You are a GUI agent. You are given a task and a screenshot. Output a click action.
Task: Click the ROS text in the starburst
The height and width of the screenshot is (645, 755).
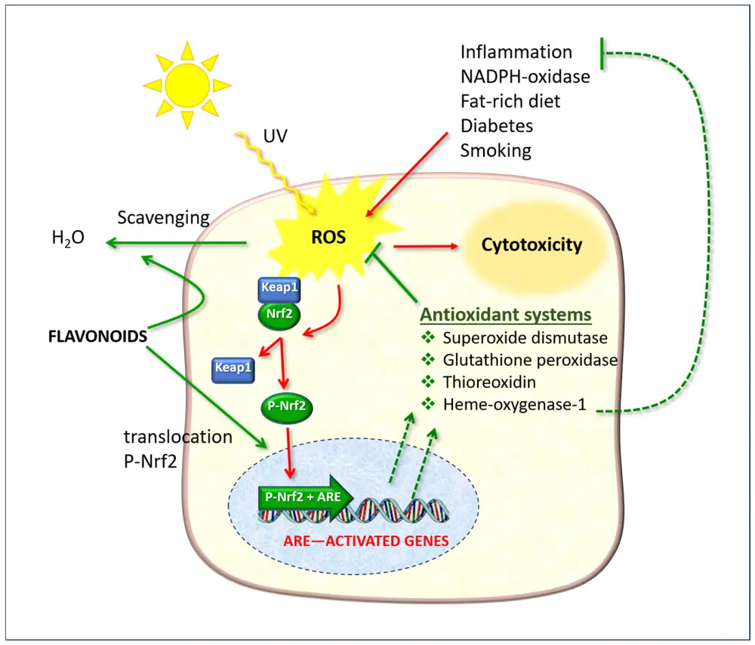pos(328,237)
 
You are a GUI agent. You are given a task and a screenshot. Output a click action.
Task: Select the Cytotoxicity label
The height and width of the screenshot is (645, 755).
pos(532,245)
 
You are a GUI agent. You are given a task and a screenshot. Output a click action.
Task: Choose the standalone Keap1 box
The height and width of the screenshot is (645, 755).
pos(233,369)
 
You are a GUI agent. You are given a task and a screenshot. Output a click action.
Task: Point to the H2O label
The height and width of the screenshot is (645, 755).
pos(67,239)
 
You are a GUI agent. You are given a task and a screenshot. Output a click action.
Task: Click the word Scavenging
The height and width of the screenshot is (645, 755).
pos(163,218)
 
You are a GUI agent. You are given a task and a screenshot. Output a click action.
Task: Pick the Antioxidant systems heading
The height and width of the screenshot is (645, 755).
pos(505,314)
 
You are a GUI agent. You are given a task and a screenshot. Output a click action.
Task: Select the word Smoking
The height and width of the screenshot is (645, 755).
pos(496,149)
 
